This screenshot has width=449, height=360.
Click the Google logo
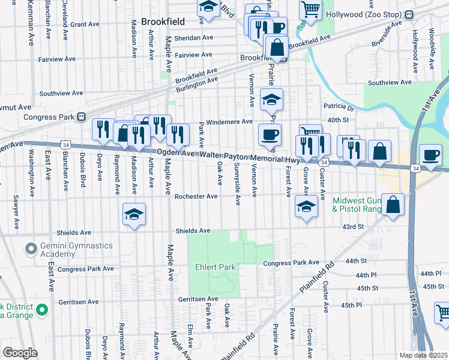[x=20, y=353]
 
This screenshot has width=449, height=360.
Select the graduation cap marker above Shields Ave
[x=134, y=214]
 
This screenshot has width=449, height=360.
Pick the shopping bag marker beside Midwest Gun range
[x=392, y=205]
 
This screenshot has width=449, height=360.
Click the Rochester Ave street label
[x=196, y=196]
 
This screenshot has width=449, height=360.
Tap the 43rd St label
[x=353, y=227]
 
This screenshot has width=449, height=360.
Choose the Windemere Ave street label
[x=229, y=122]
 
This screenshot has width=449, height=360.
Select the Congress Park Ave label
[x=291, y=263]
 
